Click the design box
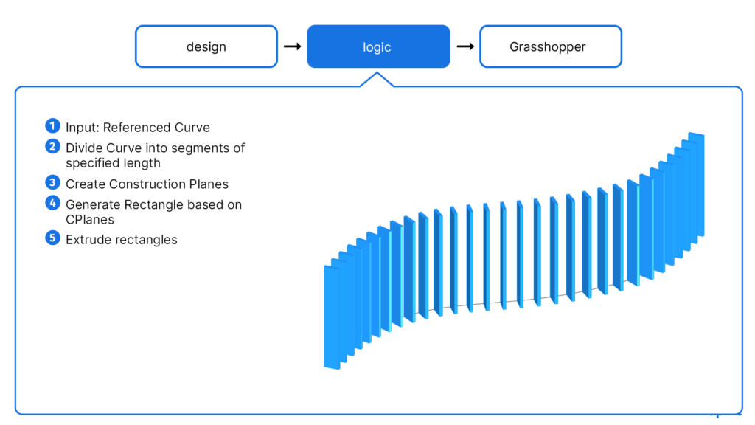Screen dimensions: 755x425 coord(206,46)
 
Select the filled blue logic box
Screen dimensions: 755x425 coord(378,46)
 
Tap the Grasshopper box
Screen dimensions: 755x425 coord(551,46)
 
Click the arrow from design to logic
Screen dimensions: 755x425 coord(292,46)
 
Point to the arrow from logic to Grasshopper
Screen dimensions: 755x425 coord(465,46)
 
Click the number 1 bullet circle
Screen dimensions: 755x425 coord(52,125)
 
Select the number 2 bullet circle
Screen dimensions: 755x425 coord(52,146)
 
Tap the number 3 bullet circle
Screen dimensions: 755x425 coord(52,182)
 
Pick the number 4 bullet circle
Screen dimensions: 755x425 coord(52,203)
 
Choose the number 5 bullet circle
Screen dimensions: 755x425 coord(52,238)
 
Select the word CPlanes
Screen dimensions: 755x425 coord(90,220)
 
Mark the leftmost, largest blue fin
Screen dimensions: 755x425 coord(332,317)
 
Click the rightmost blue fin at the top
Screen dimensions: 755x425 coord(696,184)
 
